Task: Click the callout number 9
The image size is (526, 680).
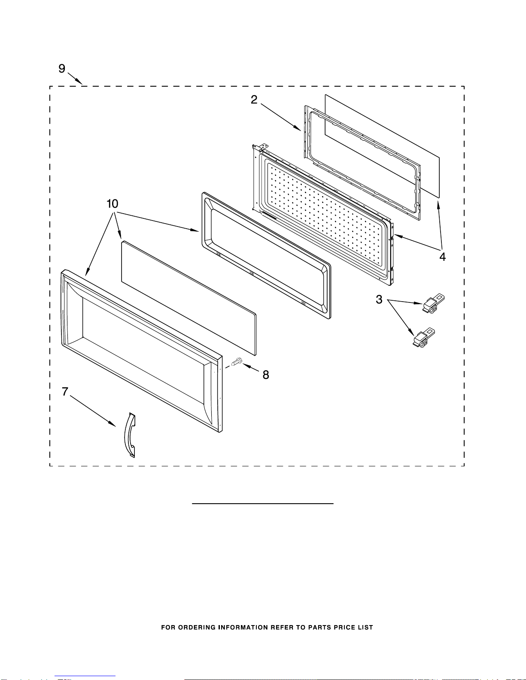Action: click(x=62, y=69)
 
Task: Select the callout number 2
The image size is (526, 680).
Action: click(x=254, y=100)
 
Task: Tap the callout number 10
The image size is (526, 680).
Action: click(x=112, y=204)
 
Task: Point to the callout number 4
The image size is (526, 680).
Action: click(x=442, y=257)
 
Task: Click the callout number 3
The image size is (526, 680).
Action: click(x=379, y=299)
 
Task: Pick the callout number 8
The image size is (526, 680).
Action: click(x=266, y=375)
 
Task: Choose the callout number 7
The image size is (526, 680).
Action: click(x=65, y=391)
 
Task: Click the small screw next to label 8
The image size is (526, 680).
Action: click(x=237, y=362)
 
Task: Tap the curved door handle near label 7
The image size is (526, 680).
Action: click(x=130, y=435)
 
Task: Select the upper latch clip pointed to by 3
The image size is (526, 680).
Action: click(x=434, y=303)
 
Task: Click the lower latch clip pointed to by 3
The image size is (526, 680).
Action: click(x=424, y=337)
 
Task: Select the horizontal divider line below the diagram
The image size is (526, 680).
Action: click(x=263, y=504)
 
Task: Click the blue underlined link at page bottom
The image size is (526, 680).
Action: click(x=85, y=676)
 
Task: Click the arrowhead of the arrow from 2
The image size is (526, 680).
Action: click(x=298, y=128)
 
